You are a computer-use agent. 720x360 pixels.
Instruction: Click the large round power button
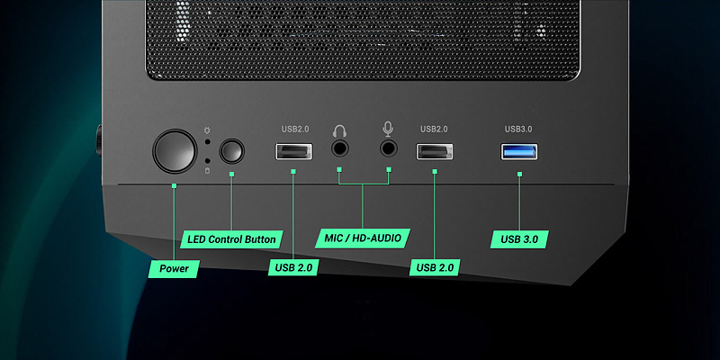(x=175, y=150)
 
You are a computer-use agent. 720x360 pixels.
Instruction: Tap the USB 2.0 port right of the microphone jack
(x=434, y=151)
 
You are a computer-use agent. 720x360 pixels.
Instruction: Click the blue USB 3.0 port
(x=519, y=151)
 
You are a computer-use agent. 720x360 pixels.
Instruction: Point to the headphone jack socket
(x=340, y=150)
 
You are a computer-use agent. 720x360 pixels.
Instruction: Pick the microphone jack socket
(x=389, y=150)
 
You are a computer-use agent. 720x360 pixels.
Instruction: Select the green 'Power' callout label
(x=175, y=268)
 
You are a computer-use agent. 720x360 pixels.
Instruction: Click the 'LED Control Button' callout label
(x=231, y=239)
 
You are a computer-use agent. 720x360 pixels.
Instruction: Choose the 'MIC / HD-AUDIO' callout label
(x=364, y=238)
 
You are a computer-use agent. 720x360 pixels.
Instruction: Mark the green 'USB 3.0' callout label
(x=519, y=239)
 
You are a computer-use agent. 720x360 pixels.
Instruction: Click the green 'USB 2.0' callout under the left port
(x=293, y=267)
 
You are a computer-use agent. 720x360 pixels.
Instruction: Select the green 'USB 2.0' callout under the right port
(x=435, y=267)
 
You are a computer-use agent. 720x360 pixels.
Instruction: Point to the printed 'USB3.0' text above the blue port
(x=519, y=130)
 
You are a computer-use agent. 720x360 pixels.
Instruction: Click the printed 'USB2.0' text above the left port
(x=292, y=130)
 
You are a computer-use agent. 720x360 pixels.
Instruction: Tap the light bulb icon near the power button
(x=207, y=131)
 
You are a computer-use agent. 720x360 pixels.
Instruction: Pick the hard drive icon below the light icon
(x=207, y=170)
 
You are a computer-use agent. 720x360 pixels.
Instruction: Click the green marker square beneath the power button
(x=175, y=185)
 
